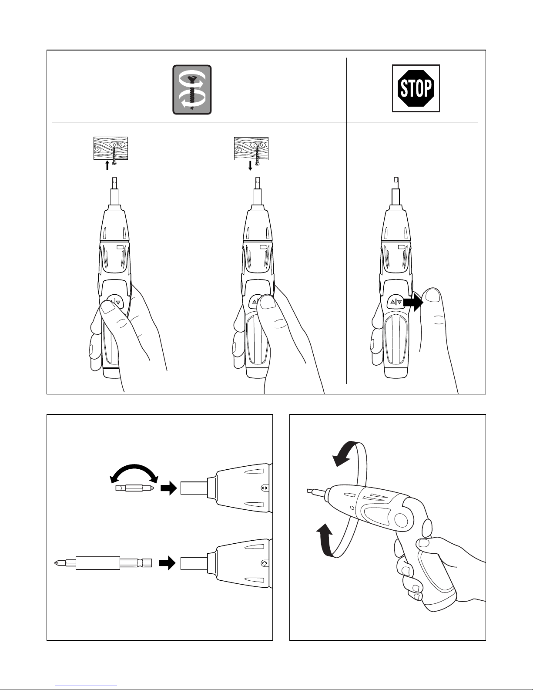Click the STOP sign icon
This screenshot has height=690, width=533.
tap(416, 88)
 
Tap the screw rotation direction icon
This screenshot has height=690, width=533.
tap(192, 90)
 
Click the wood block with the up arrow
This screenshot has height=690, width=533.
tap(111, 148)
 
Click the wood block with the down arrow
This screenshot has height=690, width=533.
tap(251, 148)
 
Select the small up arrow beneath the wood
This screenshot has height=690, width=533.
tap(107, 165)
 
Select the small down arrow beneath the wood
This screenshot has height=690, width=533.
tap(250, 166)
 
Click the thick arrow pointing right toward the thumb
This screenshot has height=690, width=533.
tap(413, 302)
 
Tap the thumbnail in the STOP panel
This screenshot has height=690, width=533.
tap(432, 296)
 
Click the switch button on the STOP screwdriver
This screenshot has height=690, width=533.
tap(396, 302)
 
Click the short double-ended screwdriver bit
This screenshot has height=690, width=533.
tap(135, 488)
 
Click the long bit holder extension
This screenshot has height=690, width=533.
tap(103, 563)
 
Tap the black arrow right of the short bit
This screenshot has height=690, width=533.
tap(168, 488)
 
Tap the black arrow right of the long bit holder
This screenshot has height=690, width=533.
tap(167, 563)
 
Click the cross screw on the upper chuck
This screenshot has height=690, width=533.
tap(264, 488)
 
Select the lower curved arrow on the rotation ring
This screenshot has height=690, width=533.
tap(325, 540)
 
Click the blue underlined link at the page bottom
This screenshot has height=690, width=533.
tap(86, 685)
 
